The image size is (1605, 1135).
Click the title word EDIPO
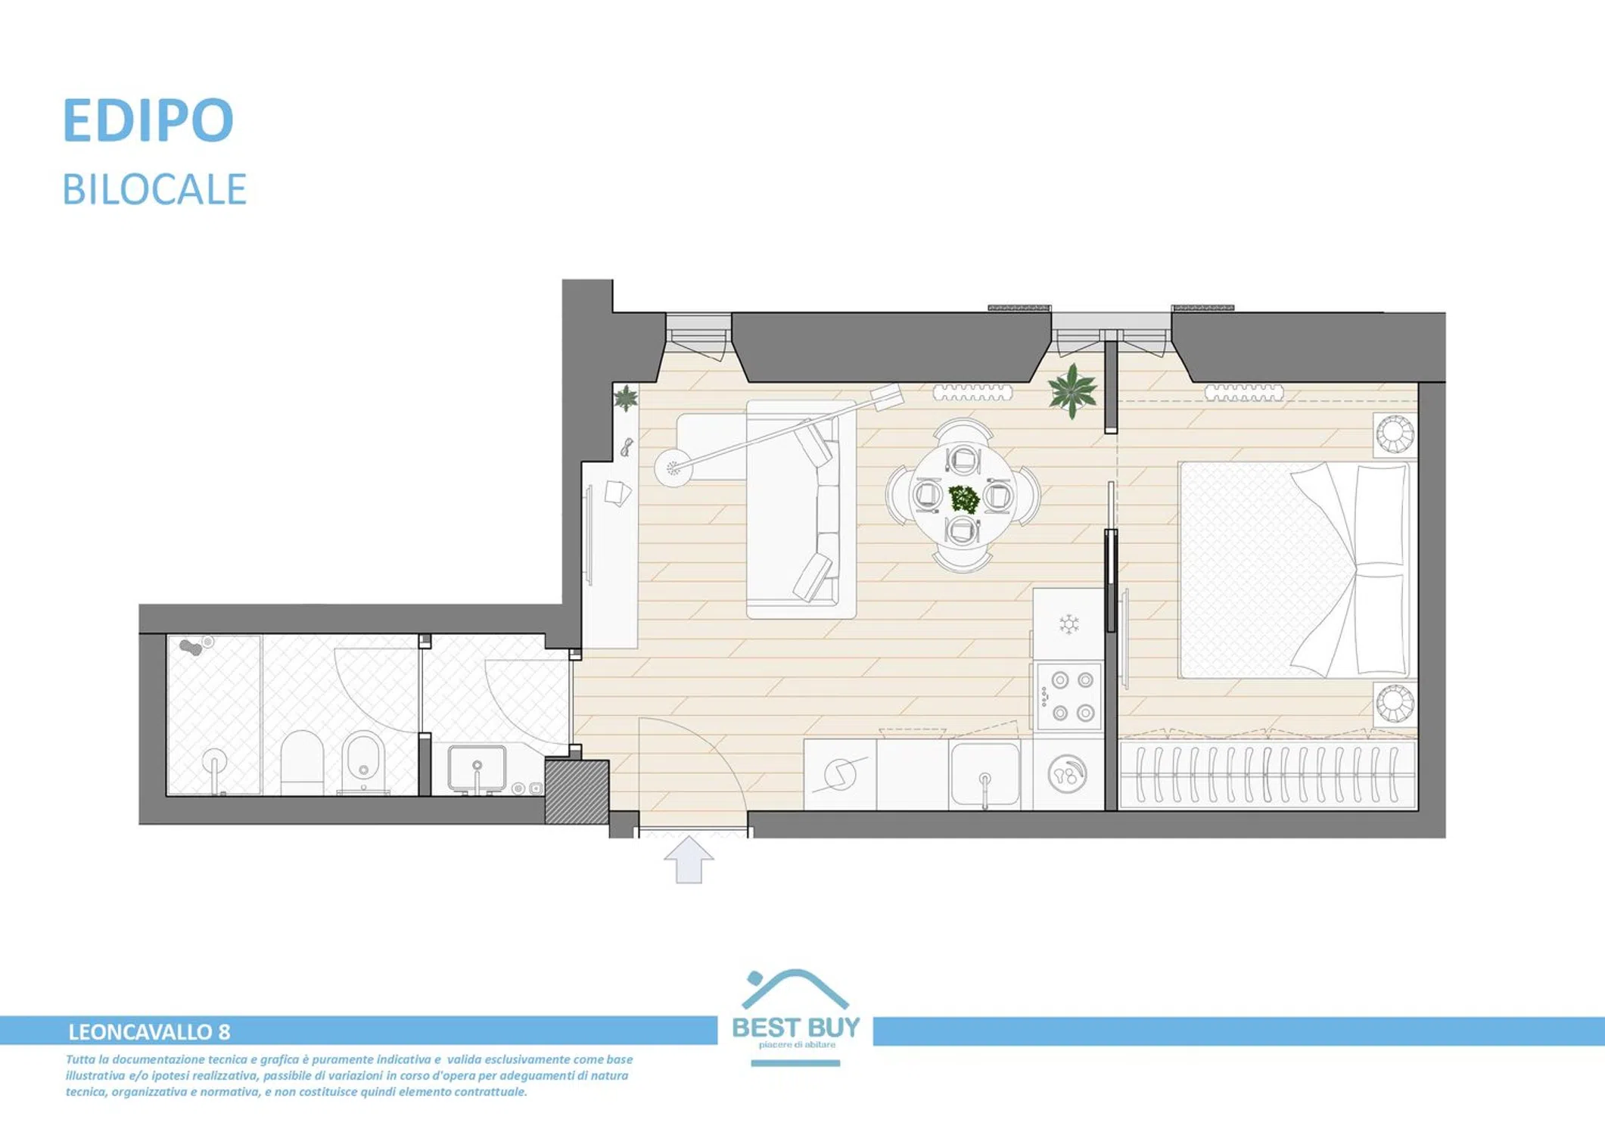point(148,120)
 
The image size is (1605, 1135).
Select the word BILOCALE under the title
point(154,189)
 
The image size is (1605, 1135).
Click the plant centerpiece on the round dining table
point(964,499)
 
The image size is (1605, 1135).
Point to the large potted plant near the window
point(1073,390)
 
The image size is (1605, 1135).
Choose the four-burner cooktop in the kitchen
point(1068,696)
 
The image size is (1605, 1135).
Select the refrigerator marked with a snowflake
point(1068,624)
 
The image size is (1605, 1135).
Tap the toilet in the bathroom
point(302,762)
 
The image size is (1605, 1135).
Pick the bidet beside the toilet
point(363,762)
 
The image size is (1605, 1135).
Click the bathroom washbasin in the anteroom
point(477,769)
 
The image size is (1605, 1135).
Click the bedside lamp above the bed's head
point(1395,434)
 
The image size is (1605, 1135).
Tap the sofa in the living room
point(801,509)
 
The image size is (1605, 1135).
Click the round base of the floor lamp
point(673,468)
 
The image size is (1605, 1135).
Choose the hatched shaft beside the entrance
point(577,791)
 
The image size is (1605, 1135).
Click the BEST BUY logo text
point(796,1027)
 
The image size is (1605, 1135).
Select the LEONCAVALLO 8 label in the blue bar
point(149,1032)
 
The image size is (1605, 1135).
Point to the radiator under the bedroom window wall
point(1244,393)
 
